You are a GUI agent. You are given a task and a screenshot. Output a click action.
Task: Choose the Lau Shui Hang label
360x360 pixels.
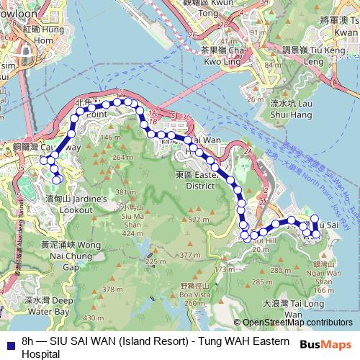click(x=291, y=109)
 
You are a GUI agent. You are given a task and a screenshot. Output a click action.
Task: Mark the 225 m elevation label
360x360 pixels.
click(x=151, y=261)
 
